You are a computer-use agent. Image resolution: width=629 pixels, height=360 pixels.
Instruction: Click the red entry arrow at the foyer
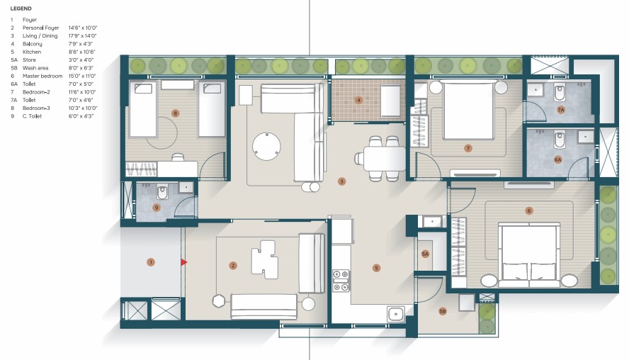(183, 262)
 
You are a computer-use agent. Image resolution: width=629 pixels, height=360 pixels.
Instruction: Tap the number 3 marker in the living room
(341, 181)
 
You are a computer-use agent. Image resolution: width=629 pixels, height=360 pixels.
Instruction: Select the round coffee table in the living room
(266, 146)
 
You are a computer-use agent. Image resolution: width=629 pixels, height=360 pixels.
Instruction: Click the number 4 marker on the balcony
(358, 100)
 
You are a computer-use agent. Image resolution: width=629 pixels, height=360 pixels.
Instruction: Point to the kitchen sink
(396, 313)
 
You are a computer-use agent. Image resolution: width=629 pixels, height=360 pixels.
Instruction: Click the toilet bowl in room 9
(162, 192)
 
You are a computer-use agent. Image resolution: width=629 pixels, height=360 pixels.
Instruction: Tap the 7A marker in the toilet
(561, 110)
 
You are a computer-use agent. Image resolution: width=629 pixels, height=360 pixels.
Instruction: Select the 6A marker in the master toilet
(557, 159)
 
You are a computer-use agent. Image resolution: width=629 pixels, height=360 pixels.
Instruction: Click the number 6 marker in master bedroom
(528, 210)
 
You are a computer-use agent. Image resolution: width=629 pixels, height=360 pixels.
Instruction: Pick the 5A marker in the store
(425, 254)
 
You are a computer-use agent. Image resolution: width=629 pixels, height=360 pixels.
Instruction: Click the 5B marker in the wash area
(443, 311)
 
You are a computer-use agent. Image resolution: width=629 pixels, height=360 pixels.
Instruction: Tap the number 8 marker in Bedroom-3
(175, 113)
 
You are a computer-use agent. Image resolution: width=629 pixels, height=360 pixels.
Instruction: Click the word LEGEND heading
(21, 9)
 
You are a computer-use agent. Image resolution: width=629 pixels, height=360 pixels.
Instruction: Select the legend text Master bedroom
(42, 76)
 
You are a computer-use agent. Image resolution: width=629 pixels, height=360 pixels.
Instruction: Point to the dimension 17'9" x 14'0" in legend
(83, 35)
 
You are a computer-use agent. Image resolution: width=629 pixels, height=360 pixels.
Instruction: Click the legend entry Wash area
(35, 68)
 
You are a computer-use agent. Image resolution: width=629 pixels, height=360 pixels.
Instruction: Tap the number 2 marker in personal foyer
(232, 265)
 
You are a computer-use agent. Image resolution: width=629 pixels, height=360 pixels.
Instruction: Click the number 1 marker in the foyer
(151, 262)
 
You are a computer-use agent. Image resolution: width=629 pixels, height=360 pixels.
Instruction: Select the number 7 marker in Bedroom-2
(467, 149)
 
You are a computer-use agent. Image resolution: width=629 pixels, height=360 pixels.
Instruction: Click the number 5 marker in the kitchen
(376, 268)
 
